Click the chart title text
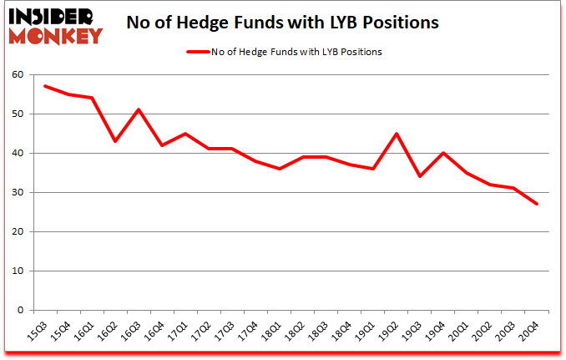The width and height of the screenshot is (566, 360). pos(282,22)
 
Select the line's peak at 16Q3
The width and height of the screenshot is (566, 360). pos(139,109)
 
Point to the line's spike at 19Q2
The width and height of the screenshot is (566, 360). pos(397,134)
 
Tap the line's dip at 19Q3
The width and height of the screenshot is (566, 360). pos(420,176)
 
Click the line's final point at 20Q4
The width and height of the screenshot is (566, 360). pos(537,204)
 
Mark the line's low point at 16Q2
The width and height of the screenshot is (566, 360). pos(115,141)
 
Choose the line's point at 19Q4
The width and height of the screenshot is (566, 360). pos(443,153)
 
